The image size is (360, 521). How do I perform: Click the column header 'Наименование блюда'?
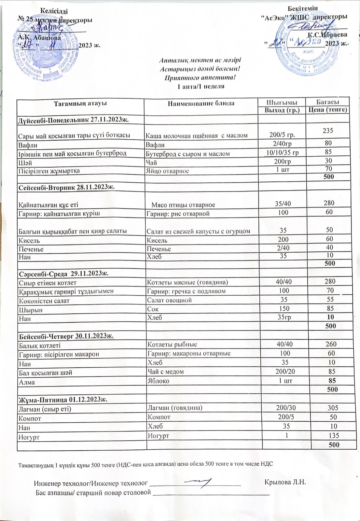(x=201, y=104)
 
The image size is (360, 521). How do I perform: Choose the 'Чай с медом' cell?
(x=166, y=372)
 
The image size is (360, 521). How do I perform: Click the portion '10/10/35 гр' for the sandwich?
(x=282, y=152)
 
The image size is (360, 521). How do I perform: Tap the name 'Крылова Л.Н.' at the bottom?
(x=285, y=482)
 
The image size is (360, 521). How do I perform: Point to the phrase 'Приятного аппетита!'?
(x=200, y=77)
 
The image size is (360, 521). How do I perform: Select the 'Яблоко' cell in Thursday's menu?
(x=158, y=381)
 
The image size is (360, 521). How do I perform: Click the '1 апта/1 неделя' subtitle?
(x=200, y=86)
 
